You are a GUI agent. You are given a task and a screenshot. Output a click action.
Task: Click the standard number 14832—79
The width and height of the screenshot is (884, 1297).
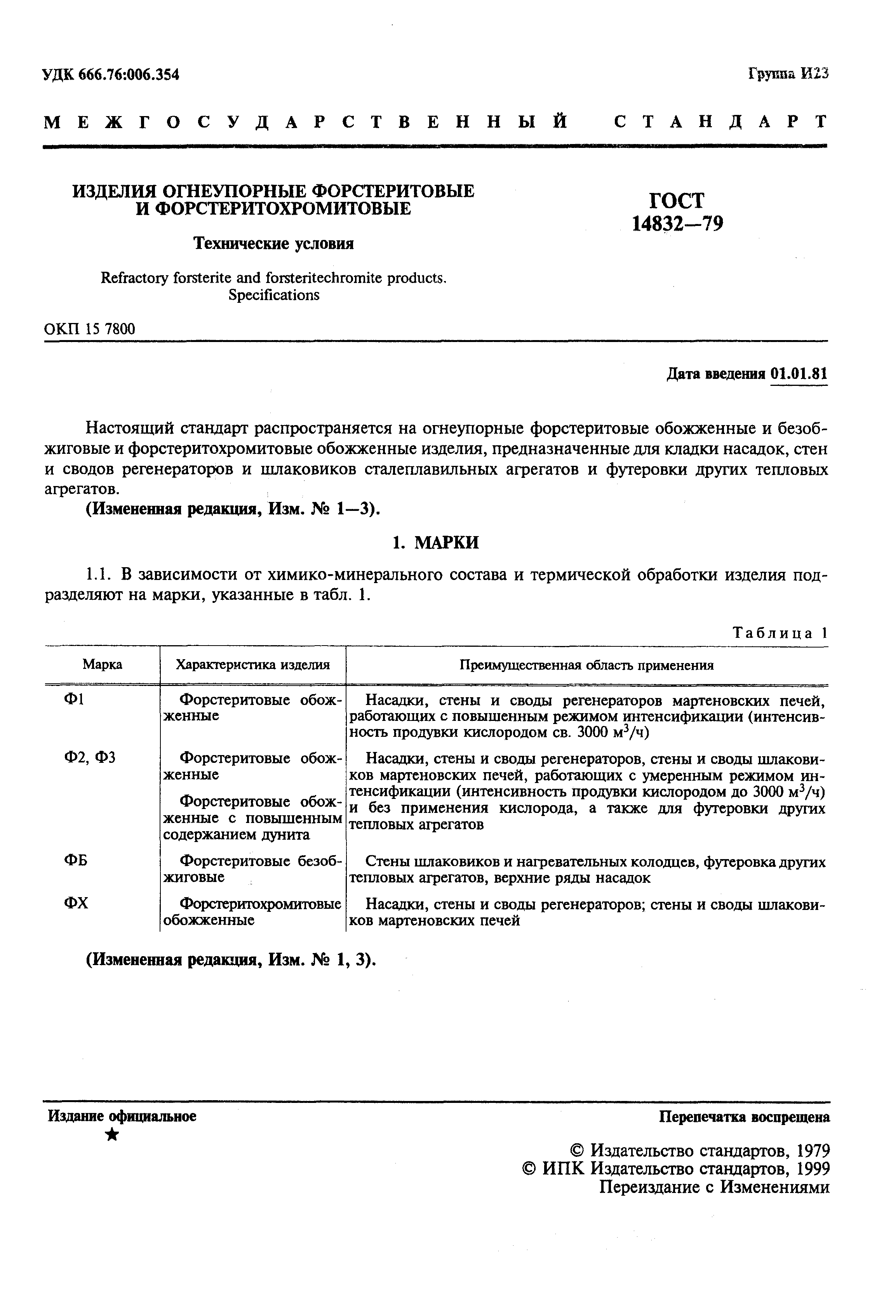tap(677, 224)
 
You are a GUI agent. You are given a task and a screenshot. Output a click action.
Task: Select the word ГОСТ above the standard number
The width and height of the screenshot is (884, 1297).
tap(677, 200)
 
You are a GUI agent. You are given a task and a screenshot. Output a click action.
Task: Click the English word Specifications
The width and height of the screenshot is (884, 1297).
tap(274, 295)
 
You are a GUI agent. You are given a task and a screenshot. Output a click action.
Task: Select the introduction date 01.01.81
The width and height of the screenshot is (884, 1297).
tap(798, 374)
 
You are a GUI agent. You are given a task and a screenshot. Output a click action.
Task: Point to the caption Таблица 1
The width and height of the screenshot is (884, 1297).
tap(779, 633)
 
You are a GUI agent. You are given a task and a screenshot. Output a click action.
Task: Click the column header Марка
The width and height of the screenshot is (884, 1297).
tap(102, 665)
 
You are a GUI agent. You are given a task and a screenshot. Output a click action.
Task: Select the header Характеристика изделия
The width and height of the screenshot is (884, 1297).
tap(252, 665)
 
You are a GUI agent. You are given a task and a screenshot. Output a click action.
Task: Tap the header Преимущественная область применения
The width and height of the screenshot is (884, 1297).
tap(586, 665)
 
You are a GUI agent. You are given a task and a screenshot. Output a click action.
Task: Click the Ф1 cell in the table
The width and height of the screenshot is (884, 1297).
tap(74, 699)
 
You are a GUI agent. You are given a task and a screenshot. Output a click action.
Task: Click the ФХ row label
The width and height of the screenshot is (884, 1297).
tap(76, 903)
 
